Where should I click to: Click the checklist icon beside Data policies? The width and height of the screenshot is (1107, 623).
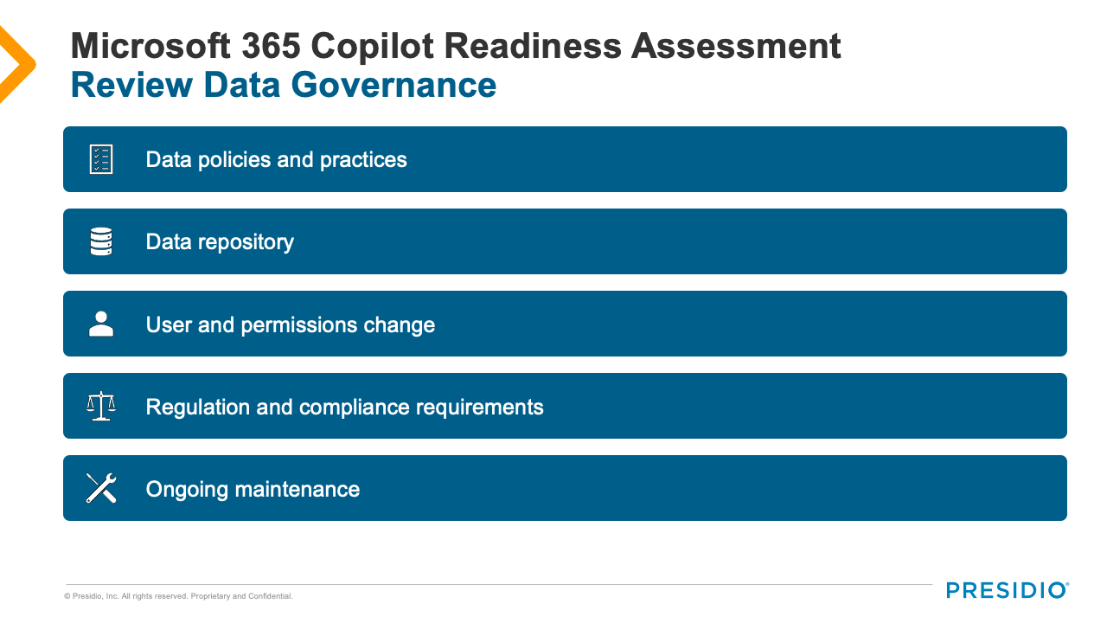point(101,159)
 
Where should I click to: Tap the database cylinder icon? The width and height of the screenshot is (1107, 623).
point(101,241)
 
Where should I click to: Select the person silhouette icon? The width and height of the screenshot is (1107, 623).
point(101,324)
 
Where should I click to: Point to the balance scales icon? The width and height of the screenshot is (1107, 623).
point(101,406)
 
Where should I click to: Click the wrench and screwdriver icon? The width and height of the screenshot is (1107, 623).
point(101,488)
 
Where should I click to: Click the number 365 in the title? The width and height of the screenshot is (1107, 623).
point(272,46)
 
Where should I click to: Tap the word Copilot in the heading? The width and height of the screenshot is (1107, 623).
point(372,47)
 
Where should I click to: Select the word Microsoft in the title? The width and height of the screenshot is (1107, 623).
point(150,46)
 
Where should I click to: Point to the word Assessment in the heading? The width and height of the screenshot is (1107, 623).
point(736,46)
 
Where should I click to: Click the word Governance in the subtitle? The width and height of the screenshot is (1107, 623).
point(394,85)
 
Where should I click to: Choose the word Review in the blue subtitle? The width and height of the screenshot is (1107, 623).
point(131,85)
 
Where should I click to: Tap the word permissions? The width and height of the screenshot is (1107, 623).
point(299,325)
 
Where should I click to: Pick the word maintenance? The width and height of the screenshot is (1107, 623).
point(297,489)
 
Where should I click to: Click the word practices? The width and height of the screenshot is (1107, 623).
point(363,160)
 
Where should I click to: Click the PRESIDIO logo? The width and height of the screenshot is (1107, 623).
point(1008,590)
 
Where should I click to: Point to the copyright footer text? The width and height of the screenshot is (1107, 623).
point(178,596)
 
